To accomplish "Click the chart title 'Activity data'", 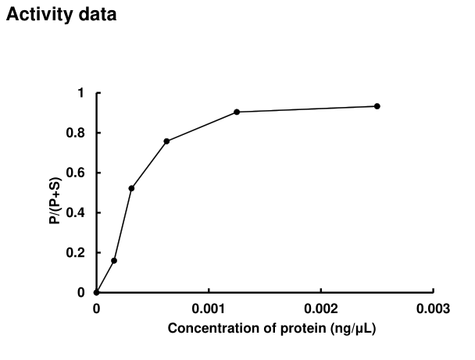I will pyautogui.click(x=62, y=15).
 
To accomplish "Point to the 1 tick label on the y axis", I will pyautogui.click(x=81, y=93).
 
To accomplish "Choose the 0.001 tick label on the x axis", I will pyautogui.click(x=209, y=308).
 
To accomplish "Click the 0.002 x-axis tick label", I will pyautogui.click(x=321, y=308).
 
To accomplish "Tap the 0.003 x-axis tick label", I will pyautogui.click(x=434, y=308).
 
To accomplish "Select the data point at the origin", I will pyautogui.click(x=96, y=292).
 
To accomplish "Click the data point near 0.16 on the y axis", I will pyautogui.click(x=114, y=260).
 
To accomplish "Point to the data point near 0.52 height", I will pyautogui.click(x=131, y=188).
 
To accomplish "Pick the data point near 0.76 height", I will pyautogui.click(x=166, y=141).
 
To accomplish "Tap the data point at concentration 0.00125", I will pyautogui.click(x=237, y=112).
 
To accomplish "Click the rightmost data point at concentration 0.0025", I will pyautogui.click(x=377, y=106).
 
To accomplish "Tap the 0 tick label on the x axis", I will pyautogui.click(x=96, y=308).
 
